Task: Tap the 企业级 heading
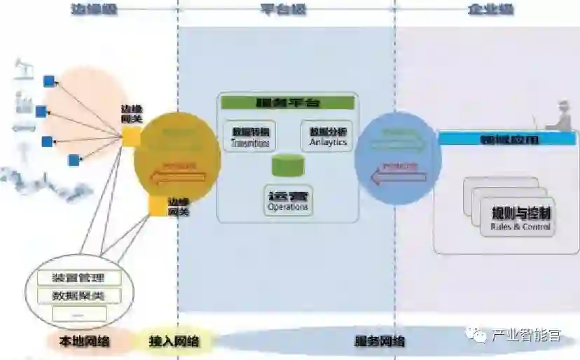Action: click(490, 9)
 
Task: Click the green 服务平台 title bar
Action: click(287, 102)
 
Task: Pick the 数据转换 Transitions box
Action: click(250, 136)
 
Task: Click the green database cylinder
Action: click(288, 167)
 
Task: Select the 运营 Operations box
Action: click(288, 200)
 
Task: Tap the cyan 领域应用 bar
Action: click(509, 139)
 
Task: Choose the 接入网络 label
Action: click(174, 342)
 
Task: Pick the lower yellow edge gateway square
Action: click(158, 205)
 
